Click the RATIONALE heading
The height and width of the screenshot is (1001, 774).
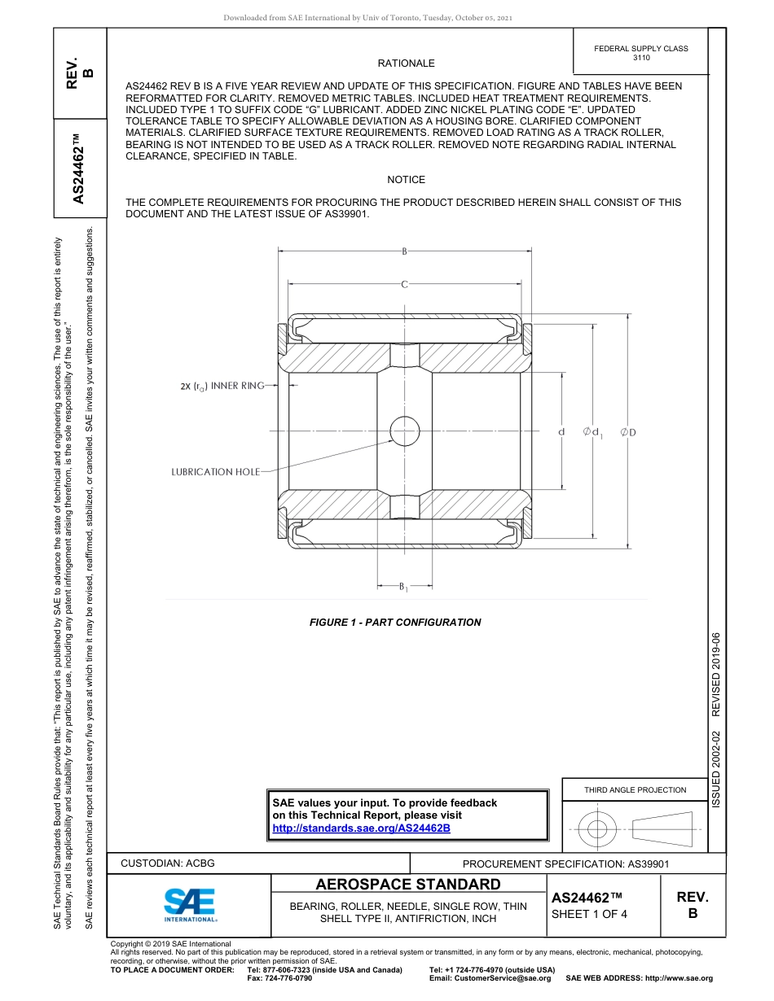tap(406, 63)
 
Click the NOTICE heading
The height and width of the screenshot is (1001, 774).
tap(406, 180)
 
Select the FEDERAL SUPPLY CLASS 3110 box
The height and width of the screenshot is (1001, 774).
tap(641, 53)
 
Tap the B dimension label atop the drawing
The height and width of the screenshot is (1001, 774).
tap(404, 251)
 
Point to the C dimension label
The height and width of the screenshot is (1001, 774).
tap(404, 284)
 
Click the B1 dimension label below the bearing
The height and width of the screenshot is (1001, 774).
tap(403, 586)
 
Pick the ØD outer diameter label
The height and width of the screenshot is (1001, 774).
tap(628, 431)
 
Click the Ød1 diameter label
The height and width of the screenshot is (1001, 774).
tap(592, 431)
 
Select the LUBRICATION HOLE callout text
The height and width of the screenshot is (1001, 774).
tap(215, 472)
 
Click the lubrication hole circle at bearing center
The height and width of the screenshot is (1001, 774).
tap(404, 430)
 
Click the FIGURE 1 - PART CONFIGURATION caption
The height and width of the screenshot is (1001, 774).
tap(395, 623)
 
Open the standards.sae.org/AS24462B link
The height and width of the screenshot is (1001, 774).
tap(361, 828)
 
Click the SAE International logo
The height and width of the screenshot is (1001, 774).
tap(191, 903)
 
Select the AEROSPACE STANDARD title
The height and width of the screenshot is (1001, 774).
tap(408, 885)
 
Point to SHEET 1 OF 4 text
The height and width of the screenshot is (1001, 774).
tap(590, 913)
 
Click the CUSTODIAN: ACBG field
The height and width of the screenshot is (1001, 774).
tap(168, 863)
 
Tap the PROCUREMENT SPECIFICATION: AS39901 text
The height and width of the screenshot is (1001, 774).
tap(565, 864)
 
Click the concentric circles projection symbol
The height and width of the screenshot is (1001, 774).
tap(598, 829)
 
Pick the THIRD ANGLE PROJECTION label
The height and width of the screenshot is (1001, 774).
tap(635, 789)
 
